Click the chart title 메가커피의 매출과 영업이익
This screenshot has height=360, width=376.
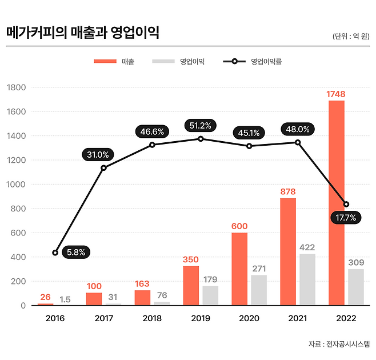tap(82, 33)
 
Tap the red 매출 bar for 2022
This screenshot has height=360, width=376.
tap(336, 203)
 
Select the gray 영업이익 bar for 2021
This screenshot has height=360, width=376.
tap(307, 279)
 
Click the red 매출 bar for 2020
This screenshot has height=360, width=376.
tap(239, 269)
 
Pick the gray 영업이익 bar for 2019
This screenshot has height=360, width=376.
tap(210, 295)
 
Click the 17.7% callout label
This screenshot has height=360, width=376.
tap(346, 217)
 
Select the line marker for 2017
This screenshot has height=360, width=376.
tap(103, 168)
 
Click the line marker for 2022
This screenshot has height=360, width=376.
tap(346, 204)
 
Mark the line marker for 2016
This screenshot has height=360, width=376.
tap(55, 253)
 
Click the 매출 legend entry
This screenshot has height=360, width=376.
tap(114, 62)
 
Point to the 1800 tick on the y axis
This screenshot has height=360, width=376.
tap(17, 87)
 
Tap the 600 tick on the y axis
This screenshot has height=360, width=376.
tap(19, 233)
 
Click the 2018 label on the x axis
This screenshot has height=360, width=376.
tap(152, 318)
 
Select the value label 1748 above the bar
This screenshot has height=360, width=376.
tap(336, 94)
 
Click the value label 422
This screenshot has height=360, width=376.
tap(307, 247)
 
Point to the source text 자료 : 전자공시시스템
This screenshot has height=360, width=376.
tap(338, 344)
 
